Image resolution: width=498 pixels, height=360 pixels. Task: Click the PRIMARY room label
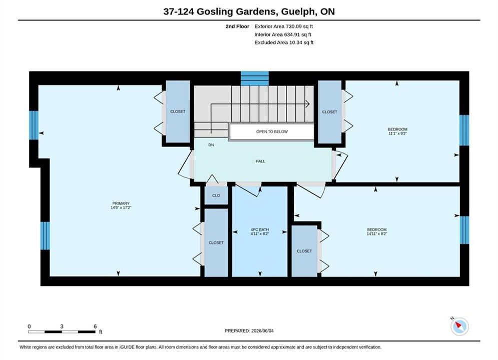coord(121,203)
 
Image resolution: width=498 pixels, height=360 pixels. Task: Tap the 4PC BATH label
coord(260,229)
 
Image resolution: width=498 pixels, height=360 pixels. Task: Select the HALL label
coord(260,161)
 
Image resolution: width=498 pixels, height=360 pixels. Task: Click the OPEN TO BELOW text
coord(272,131)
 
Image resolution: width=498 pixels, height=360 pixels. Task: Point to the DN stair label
coord(211,145)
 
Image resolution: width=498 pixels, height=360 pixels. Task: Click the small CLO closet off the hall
coord(216,195)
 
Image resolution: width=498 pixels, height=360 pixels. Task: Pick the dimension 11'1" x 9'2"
coord(397,133)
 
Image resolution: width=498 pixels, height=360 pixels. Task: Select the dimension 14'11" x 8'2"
coord(377,234)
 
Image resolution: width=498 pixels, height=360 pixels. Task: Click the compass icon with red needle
coord(459,326)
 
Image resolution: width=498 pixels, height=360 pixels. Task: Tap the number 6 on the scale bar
coord(95,326)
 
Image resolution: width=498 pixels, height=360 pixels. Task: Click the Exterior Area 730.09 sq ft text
coord(284,26)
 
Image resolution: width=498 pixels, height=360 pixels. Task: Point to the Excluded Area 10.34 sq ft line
coord(284,42)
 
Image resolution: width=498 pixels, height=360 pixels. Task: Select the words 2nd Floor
coord(237,26)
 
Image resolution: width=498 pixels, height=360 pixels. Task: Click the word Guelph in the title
coord(298,11)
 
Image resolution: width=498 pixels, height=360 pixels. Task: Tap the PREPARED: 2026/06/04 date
coord(249,330)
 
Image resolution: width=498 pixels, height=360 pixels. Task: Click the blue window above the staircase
coord(255,78)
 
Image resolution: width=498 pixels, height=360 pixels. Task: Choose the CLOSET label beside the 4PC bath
coord(216,242)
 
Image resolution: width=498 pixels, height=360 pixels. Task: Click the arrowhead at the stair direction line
coord(308,103)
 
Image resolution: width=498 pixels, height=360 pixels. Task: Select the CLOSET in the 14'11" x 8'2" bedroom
coord(304,251)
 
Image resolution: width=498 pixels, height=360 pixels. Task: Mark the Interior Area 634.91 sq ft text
coord(283,34)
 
